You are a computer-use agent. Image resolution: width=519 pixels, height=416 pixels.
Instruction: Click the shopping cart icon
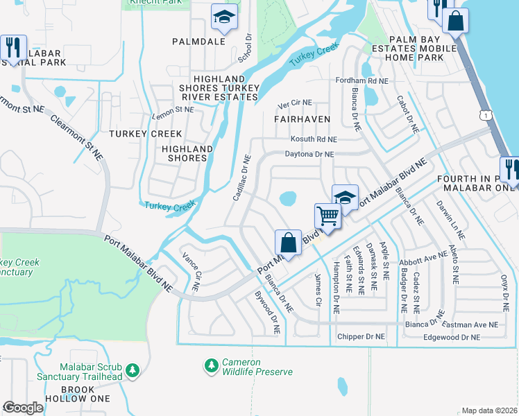(327, 215)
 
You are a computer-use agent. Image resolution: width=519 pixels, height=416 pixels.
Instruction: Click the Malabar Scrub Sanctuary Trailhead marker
(133, 372)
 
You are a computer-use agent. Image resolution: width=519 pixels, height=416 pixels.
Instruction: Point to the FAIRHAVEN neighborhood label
(301, 119)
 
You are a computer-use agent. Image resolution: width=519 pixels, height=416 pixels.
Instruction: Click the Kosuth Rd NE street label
(314, 139)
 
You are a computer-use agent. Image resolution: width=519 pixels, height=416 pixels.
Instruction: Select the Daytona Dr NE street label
(309, 155)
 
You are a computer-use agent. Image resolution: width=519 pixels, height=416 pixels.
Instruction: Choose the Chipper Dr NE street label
(360, 337)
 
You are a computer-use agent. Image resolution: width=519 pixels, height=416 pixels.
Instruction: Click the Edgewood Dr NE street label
(452, 337)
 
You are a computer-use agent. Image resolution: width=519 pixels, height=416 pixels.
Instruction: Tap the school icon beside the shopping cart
(345, 197)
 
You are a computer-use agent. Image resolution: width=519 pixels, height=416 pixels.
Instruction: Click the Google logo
(24, 407)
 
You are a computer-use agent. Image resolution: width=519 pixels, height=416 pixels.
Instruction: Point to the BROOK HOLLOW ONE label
(76, 395)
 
